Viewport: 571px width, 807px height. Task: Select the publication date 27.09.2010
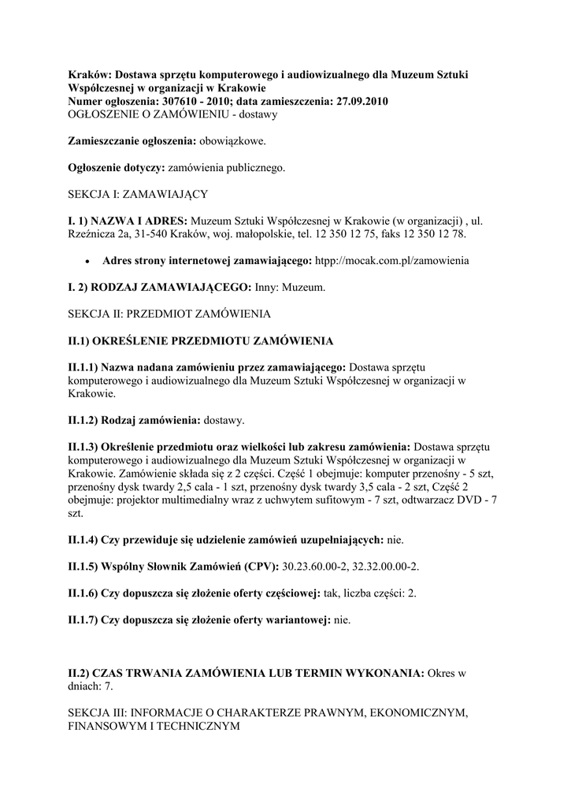pos(359,102)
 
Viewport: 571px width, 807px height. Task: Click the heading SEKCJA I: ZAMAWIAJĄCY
pos(138,193)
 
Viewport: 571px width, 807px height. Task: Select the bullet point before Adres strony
pos(87,261)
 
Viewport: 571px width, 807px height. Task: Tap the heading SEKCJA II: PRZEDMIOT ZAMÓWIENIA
pos(169,314)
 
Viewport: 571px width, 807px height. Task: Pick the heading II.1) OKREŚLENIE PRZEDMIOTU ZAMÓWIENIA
pos(201,341)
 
